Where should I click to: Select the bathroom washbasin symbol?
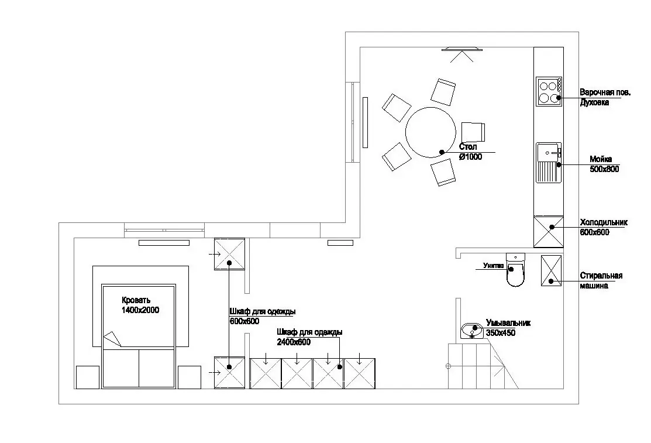471,331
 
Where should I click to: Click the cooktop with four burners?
549,92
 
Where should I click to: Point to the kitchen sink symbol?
549,163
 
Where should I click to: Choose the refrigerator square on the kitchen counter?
549,232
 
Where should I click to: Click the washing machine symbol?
552,270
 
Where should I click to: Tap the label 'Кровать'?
136,300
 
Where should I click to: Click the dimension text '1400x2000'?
140,310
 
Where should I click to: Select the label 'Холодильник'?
604,222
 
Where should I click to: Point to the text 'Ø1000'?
470,157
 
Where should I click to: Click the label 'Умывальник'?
508,323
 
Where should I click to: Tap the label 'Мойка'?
601,159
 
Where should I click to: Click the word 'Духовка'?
594,102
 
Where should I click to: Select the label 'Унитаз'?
493,266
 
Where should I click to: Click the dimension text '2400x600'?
294,342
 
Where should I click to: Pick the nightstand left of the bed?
88,377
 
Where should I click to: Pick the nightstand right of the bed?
190,377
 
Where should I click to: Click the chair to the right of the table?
473,133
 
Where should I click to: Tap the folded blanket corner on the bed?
111,340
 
